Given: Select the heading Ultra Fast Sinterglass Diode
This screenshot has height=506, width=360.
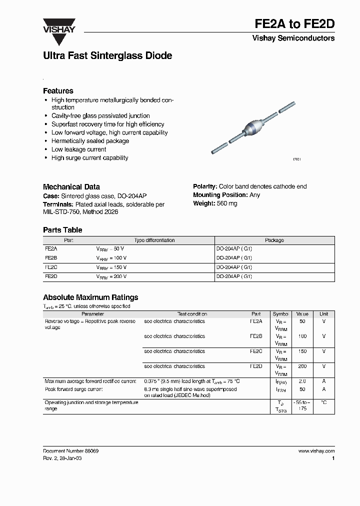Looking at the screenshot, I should point(107,56).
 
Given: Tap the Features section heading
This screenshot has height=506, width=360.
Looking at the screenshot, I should point(58,91).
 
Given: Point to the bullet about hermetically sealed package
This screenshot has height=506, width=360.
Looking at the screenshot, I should point(90,141).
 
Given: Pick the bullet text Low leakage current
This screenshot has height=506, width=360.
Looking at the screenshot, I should point(78,149).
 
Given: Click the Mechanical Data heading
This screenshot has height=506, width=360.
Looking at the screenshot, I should point(71,186).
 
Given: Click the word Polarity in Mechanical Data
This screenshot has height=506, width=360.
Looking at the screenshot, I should point(205,186).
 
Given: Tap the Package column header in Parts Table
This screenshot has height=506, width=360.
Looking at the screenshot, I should point(274,240).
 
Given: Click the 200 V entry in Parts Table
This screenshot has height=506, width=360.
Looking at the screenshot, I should point(120,276).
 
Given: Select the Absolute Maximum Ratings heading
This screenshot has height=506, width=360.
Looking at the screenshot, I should point(90,297).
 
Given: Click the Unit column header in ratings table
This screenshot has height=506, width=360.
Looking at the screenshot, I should point(324,314).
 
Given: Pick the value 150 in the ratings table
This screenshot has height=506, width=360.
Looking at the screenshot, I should point(302,351).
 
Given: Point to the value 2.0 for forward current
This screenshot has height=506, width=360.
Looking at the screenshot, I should point(302,381).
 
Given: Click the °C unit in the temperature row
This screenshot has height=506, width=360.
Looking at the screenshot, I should point(324,402).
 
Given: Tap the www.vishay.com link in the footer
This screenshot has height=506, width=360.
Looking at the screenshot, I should point(316,451).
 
